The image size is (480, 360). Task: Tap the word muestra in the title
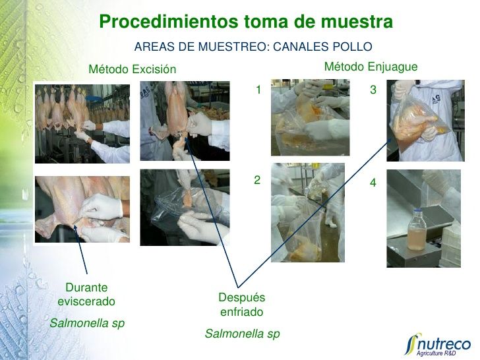[x=357, y=21]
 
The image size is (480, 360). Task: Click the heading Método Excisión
[x=133, y=69]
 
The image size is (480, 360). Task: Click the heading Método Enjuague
[x=371, y=67]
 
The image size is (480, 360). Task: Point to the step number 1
[x=258, y=90]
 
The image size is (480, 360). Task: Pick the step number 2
[x=257, y=180]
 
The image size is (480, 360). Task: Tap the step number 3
[x=373, y=90]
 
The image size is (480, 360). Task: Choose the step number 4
[x=373, y=183]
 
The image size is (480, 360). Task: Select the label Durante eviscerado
[x=86, y=295]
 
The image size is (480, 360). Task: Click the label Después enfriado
[x=242, y=305]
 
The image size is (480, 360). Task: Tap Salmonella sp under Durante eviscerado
[x=87, y=323]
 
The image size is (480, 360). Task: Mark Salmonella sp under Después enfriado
[x=242, y=334]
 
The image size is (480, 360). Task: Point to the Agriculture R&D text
[x=436, y=353]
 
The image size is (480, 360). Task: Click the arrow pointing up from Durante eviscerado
[x=80, y=249]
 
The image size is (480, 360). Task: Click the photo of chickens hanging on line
[x=82, y=124]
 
